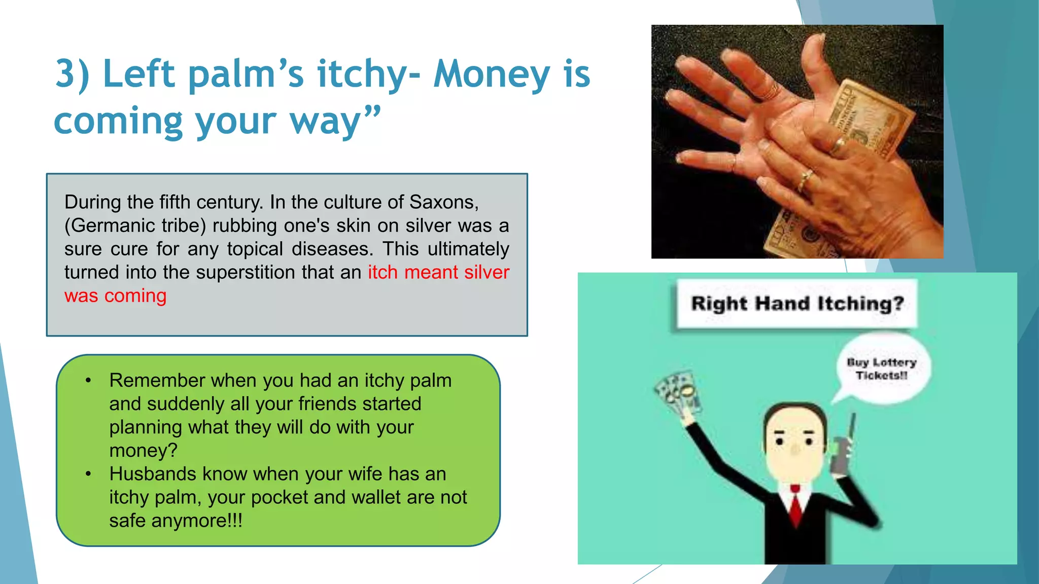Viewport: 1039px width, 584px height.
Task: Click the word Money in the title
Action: tap(491, 74)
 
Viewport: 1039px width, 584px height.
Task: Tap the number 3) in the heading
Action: tap(72, 74)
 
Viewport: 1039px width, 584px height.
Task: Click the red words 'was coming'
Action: tap(115, 296)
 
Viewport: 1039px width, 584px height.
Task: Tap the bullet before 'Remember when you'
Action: tap(88, 381)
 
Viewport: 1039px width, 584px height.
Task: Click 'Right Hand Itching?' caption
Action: tap(797, 304)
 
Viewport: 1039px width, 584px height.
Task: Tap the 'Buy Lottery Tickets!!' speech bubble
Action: tap(882, 369)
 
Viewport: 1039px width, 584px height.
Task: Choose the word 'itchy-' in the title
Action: tap(368, 74)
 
